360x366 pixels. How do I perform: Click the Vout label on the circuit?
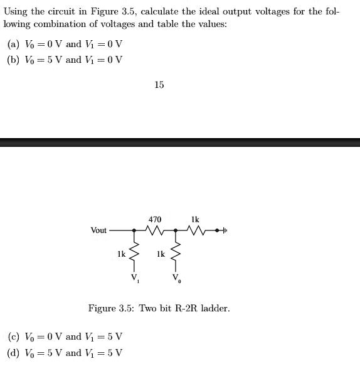pos(99,230)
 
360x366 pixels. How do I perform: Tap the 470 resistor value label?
pos(155,219)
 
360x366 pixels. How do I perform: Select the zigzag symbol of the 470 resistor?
pos(154,231)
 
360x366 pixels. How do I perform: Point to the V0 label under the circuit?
pos(177,278)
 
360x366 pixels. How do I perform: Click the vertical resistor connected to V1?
pos(133,254)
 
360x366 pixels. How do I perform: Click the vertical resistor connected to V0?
pos(176,254)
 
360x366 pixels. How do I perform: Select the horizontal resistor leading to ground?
pos(196,231)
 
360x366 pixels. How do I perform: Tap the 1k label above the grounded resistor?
pos(195,219)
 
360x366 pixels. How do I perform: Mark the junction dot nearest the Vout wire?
pos(133,231)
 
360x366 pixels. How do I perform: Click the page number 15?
pos(159,85)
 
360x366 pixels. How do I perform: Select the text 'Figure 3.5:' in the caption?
pos(110,308)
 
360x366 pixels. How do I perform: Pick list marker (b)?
pos(13,60)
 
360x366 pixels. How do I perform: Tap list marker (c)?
pos(13,336)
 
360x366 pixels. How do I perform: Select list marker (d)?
pos(13,352)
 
